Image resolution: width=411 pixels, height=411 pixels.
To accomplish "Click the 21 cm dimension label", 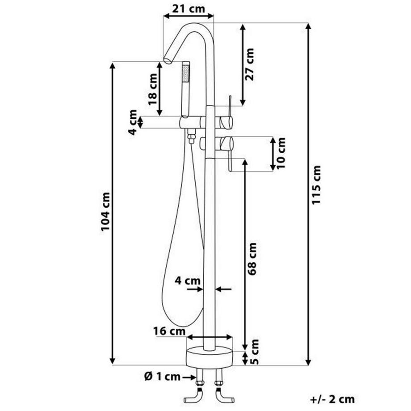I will pos(188,8).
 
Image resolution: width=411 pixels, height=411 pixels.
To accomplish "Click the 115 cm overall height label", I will pos(316,185).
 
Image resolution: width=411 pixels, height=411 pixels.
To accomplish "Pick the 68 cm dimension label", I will pos(252,259).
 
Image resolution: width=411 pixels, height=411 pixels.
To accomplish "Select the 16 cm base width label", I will pos(169,331).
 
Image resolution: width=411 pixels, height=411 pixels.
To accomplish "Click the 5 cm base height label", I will pos(255,351).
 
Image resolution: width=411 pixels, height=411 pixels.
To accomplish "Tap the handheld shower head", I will pos(185,87).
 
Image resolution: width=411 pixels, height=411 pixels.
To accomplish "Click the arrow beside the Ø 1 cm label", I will pos(188,377).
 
